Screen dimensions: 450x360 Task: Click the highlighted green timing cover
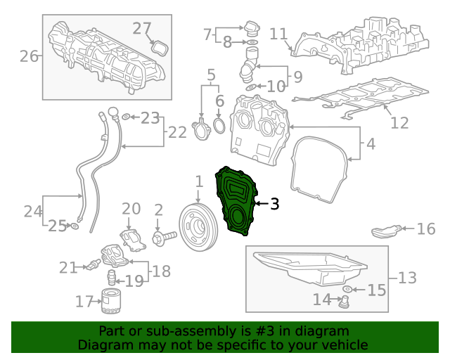pyautogui.click(x=236, y=201)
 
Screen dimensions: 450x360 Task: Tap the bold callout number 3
pyautogui.click(x=275, y=204)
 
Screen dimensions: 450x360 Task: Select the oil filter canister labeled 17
pyautogui.click(x=111, y=301)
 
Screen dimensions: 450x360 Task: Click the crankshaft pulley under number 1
pyautogui.click(x=198, y=228)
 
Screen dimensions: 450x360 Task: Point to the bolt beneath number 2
pyautogui.click(x=165, y=238)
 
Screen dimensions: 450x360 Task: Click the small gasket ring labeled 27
pyautogui.click(x=160, y=48)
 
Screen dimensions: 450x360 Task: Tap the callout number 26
pyautogui.click(x=29, y=56)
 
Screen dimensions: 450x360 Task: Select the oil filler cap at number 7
pyautogui.click(x=252, y=29)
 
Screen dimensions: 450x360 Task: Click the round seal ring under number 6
pyautogui.click(x=219, y=125)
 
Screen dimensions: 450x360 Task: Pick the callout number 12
pyautogui.click(x=399, y=123)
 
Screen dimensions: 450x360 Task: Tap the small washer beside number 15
pyautogui.click(x=347, y=289)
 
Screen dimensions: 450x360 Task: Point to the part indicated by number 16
pyautogui.click(x=386, y=231)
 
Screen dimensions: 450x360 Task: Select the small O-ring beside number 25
pyautogui.click(x=75, y=226)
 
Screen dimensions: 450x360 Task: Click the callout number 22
pyautogui.click(x=177, y=132)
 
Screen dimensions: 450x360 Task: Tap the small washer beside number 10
pyautogui.click(x=251, y=87)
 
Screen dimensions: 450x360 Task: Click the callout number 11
pyautogui.click(x=278, y=34)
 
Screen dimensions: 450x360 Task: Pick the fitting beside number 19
pyautogui.click(x=112, y=278)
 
